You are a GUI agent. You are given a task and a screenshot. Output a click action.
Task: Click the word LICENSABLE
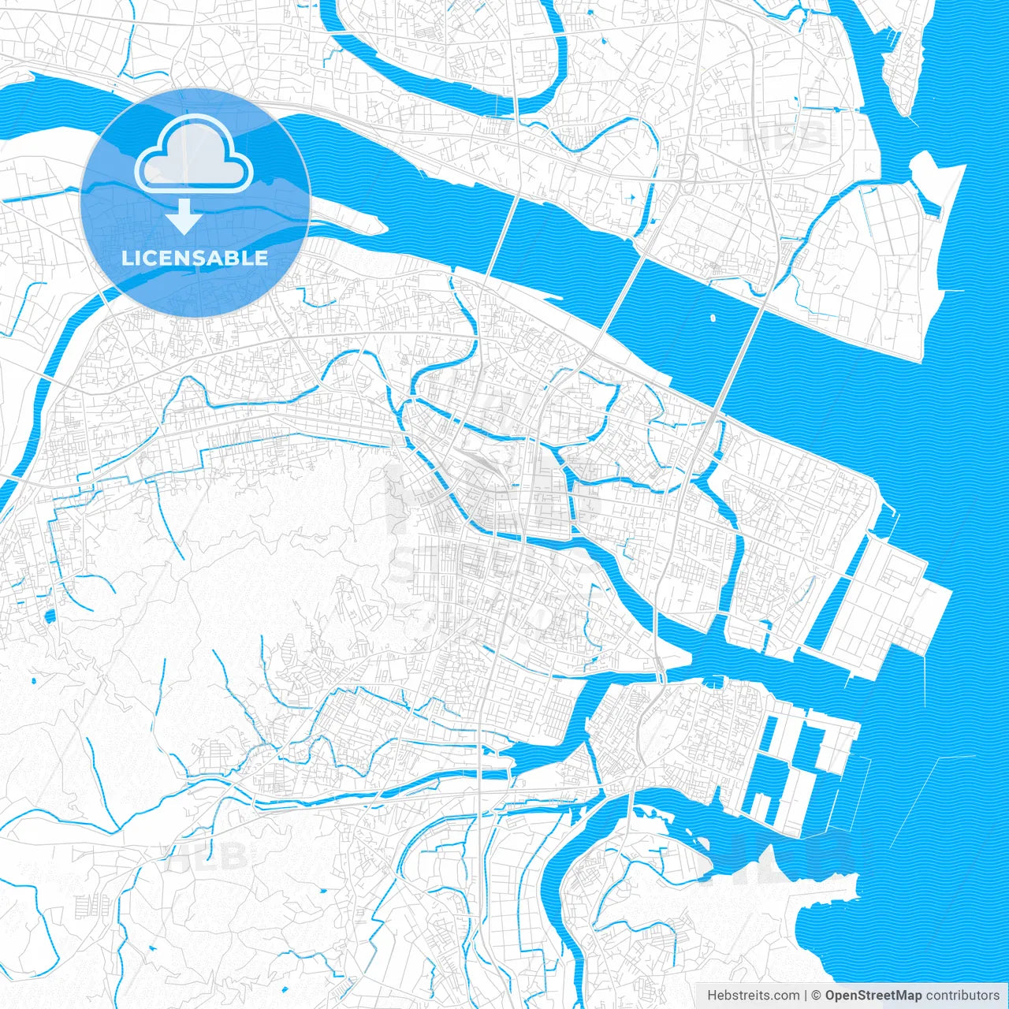pos(194,258)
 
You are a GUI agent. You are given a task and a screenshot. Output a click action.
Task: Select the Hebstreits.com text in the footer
pos(753,996)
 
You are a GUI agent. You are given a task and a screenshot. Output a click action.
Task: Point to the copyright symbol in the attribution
pos(817,996)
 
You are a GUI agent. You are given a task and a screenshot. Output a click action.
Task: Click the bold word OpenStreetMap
pos(873,996)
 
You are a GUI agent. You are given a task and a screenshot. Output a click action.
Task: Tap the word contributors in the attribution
pos(962,996)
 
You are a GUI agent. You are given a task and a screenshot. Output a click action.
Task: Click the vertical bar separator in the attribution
pos(806,996)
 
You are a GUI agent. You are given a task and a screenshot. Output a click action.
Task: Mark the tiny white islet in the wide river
pos(713,319)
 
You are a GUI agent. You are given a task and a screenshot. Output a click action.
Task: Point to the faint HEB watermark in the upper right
pos(788,136)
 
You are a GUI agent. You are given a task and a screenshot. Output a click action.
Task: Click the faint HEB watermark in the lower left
pos(207,855)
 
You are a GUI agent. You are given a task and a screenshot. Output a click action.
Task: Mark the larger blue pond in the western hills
pos(49,616)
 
